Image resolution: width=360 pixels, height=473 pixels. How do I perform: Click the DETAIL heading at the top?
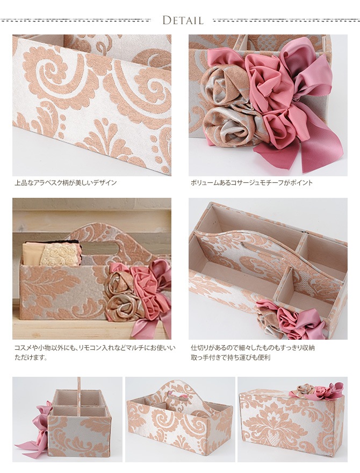tap(183, 20)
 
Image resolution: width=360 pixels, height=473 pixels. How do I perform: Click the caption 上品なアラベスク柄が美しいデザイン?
tap(66, 183)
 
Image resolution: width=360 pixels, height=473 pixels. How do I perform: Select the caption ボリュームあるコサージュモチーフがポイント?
tap(251, 183)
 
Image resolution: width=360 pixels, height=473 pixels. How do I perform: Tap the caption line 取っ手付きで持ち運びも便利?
tap(231, 357)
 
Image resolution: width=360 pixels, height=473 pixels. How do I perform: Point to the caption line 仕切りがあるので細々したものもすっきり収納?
tap(253, 348)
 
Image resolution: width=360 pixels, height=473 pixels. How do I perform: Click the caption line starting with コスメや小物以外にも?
tap(95, 348)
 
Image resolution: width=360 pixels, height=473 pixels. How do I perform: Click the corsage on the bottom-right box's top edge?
tap(316, 390)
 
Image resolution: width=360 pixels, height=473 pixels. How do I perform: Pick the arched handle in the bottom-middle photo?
tap(181, 392)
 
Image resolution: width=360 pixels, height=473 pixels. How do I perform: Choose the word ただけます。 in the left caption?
tap(31, 358)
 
